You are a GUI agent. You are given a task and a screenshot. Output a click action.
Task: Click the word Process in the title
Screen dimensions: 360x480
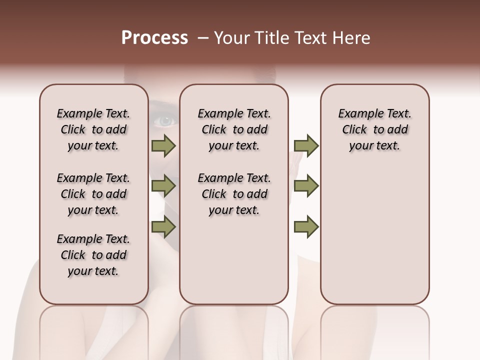click(154, 38)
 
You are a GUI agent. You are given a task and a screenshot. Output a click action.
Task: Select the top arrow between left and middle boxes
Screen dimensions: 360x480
click(163, 145)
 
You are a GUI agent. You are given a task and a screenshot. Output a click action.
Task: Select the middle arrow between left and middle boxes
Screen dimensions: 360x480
click(163, 186)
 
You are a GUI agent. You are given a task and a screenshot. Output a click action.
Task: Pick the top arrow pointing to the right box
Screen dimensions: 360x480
click(306, 145)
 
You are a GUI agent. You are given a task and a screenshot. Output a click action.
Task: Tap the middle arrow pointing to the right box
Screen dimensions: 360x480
click(306, 186)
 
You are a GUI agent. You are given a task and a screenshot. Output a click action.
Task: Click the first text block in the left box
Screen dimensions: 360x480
click(93, 129)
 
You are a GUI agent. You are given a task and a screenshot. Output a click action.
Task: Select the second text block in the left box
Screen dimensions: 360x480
click(93, 194)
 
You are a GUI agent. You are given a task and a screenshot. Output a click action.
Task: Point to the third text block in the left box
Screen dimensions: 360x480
click(93, 255)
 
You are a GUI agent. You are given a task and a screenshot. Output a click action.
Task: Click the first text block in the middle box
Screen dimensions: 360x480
click(234, 129)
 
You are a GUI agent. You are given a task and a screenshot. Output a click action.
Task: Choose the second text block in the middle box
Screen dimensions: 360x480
click(234, 194)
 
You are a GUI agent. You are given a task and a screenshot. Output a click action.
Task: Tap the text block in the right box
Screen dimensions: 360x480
click(375, 129)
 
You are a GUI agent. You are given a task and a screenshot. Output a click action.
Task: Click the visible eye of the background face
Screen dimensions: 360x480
click(164, 120)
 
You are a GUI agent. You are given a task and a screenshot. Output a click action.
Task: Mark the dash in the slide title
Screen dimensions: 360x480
click(202, 38)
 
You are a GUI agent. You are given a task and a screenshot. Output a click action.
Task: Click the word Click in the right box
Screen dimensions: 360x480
click(354, 129)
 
